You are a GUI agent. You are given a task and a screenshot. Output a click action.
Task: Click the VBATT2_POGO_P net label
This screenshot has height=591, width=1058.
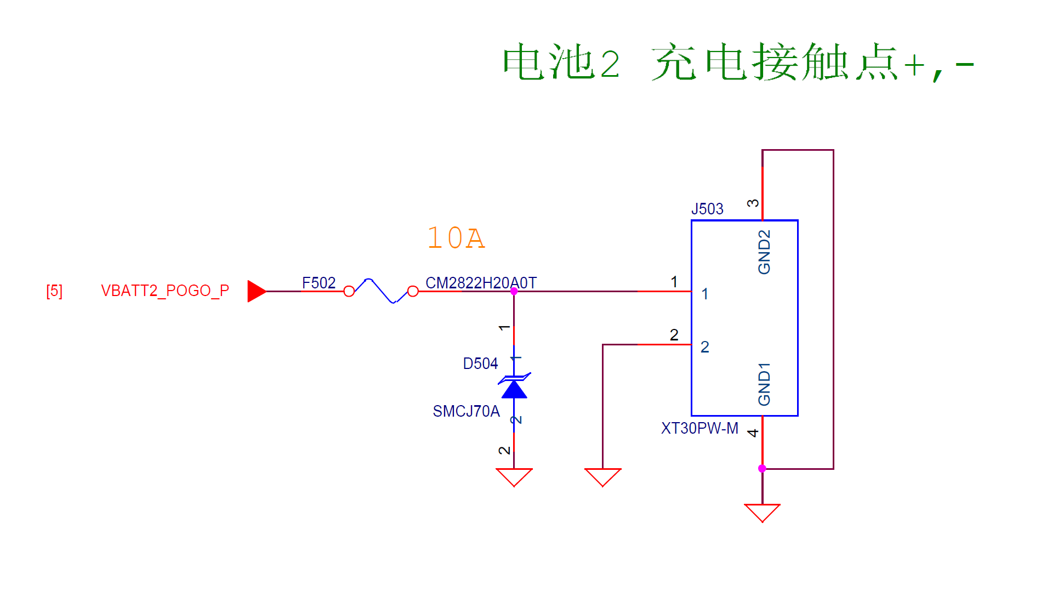click(165, 291)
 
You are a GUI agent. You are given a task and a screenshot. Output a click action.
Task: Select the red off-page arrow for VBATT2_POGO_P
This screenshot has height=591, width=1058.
click(257, 291)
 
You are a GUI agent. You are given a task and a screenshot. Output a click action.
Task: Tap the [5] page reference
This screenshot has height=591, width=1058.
click(54, 291)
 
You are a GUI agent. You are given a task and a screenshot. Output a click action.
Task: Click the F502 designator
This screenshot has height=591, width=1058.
click(318, 283)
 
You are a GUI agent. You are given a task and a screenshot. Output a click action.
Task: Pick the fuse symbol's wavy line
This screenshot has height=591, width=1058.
click(381, 291)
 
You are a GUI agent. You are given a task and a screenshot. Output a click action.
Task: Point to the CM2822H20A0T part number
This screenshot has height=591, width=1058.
click(481, 283)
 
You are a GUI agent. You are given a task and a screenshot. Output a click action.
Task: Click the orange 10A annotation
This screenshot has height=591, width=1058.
click(456, 238)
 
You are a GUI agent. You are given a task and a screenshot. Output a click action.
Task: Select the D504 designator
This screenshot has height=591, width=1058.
click(480, 363)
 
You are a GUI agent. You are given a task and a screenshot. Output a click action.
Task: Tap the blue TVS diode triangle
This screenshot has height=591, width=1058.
click(514, 389)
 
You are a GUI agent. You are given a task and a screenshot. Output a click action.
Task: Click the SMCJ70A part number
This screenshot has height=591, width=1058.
click(466, 411)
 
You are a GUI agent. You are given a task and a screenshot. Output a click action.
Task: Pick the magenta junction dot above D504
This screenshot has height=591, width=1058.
click(514, 291)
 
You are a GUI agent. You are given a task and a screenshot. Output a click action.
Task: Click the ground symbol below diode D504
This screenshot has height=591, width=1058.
click(514, 477)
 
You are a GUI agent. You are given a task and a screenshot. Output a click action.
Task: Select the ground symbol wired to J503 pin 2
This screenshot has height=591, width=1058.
click(602, 477)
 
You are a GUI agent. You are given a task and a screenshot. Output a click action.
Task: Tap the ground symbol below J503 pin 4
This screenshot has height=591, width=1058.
click(762, 513)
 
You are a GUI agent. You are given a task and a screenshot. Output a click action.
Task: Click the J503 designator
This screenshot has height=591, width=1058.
click(707, 209)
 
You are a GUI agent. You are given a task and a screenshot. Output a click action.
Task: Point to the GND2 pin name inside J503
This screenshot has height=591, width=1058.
click(764, 252)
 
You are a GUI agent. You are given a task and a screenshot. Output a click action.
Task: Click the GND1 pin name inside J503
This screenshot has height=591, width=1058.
click(764, 384)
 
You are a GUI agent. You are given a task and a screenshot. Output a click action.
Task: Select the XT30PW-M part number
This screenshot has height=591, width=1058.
click(699, 428)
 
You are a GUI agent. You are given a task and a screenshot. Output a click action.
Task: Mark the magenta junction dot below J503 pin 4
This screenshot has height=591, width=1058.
click(762, 468)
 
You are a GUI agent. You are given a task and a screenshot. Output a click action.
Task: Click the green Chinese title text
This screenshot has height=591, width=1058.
click(738, 62)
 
